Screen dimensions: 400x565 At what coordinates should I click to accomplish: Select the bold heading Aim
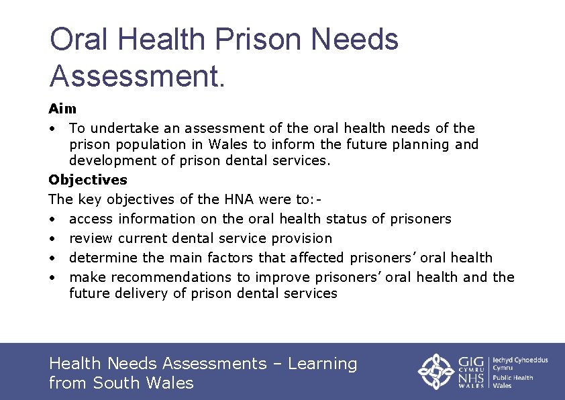pyautogui.click(x=62, y=109)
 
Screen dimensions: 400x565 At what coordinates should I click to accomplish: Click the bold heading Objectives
pyautogui.click(x=88, y=180)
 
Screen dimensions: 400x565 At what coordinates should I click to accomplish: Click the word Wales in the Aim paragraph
pyautogui.click(x=228, y=144)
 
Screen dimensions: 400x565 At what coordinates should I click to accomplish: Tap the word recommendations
pyautogui.click(x=171, y=277)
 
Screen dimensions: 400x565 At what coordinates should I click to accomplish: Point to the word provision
pyautogui.click(x=301, y=238)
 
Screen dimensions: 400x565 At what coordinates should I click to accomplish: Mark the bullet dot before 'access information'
pyautogui.click(x=53, y=219)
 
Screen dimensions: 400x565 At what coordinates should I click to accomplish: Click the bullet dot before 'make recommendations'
pyautogui.click(x=53, y=278)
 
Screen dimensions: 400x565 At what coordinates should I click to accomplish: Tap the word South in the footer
pyautogui.click(x=119, y=383)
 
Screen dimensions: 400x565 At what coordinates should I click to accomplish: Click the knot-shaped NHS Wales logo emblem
pyautogui.click(x=437, y=371)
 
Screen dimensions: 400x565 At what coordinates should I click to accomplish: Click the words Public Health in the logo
pyautogui.click(x=513, y=378)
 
